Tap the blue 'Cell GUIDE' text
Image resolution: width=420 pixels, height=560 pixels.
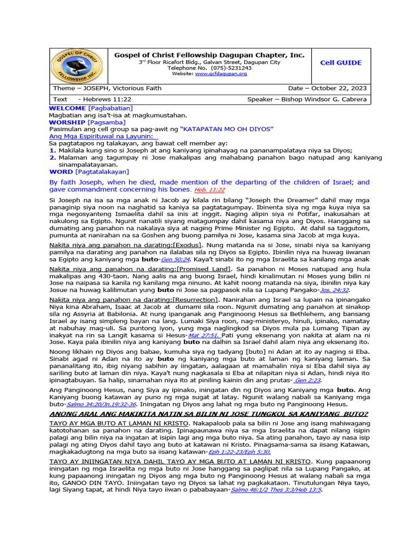[x=341, y=63]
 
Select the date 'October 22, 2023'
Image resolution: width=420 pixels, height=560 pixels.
[x=338, y=89]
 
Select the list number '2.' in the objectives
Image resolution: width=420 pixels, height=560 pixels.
[x=52, y=157]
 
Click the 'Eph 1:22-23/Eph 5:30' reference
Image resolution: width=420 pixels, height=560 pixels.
[x=240, y=452]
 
